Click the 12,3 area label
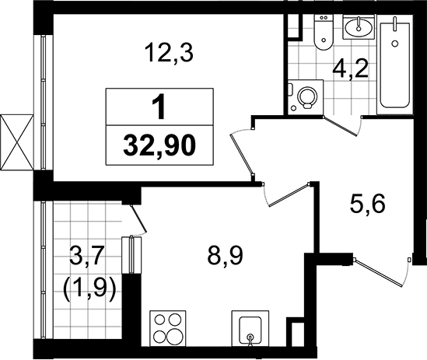pyautogui.click(x=169, y=54)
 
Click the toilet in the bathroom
pyautogui.click(x=319, y=36)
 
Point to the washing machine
pyautogui.click(x=306, y=98)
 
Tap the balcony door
pyautogui.click(x=137, y=218)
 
